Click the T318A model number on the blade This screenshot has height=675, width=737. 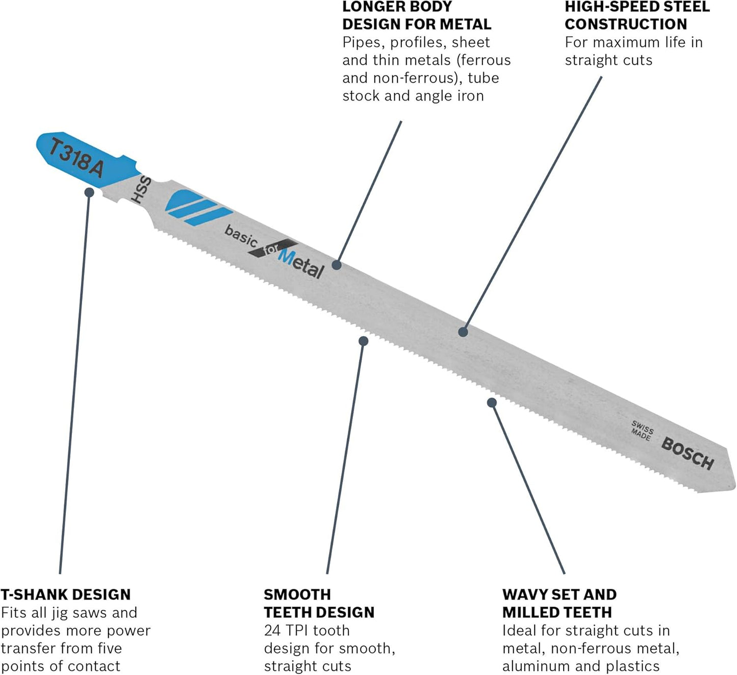77,158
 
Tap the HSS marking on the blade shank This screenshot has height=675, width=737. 141,190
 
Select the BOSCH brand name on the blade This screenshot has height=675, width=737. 688,453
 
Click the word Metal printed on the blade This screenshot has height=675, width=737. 301,264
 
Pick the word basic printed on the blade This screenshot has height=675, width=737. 241,236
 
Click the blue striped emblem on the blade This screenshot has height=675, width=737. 196,207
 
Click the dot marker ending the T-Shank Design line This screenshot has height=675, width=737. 89,192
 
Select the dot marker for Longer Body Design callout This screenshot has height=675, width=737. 336,265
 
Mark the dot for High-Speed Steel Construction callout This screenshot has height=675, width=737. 463,332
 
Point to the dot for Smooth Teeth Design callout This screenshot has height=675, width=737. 363,341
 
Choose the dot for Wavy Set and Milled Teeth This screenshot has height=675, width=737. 492,403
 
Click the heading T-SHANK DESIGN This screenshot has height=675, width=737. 66,594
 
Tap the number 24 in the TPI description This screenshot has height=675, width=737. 272,631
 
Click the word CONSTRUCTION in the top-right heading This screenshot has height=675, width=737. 626,24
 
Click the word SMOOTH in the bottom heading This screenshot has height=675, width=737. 297,594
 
